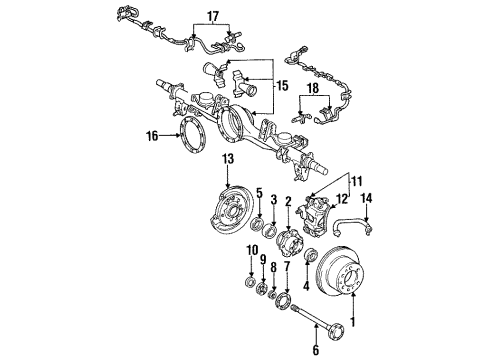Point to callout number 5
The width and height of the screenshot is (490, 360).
[x=259, y=194]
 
